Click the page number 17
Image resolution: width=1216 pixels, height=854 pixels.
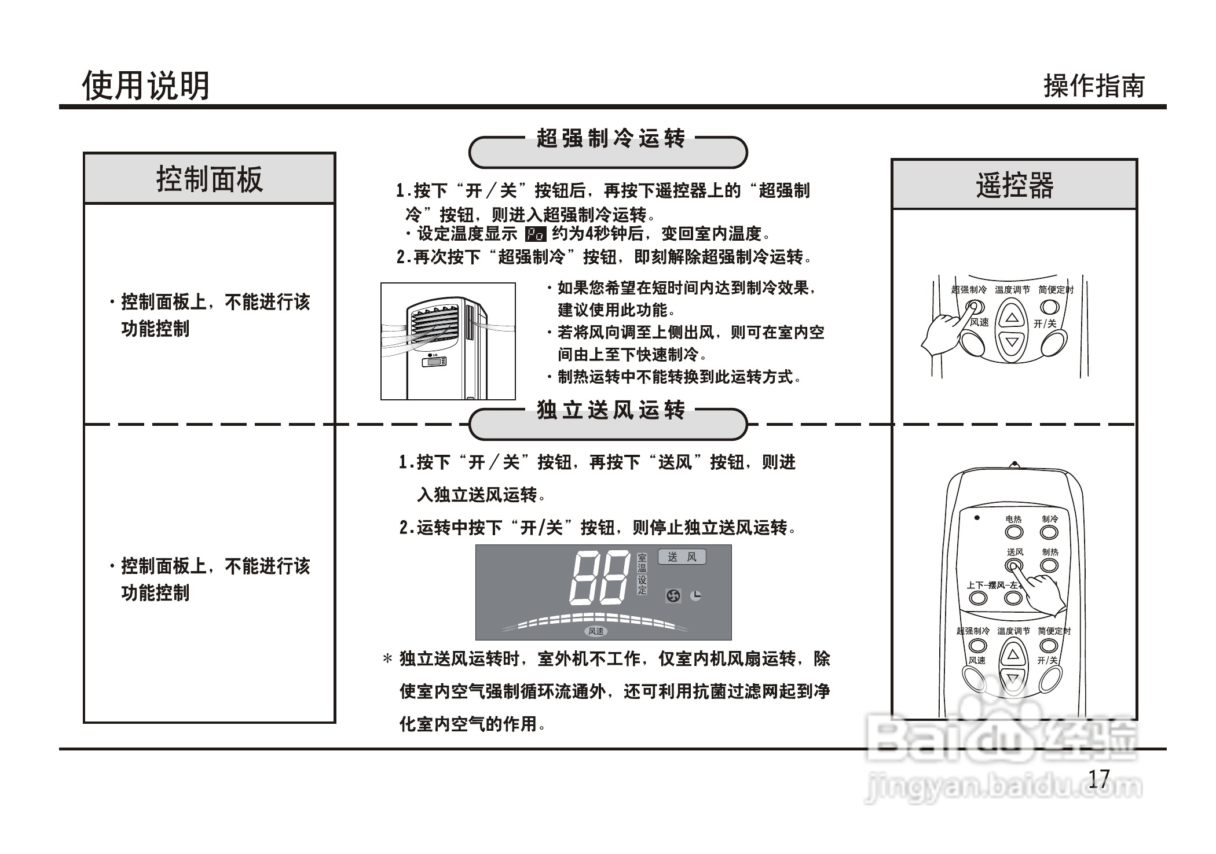1099,779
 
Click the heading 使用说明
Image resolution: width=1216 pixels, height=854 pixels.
145,86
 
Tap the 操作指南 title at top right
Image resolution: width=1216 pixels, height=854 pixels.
1094,86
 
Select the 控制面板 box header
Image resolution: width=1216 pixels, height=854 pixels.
210,179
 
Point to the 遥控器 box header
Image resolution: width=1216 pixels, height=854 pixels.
1014,185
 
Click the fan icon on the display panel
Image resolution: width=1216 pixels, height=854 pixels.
673,595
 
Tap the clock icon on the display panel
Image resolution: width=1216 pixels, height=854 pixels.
696,595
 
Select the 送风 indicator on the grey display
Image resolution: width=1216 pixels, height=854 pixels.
682,557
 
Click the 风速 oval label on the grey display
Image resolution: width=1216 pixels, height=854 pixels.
596,631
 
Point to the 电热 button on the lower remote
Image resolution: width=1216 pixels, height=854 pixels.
1013,532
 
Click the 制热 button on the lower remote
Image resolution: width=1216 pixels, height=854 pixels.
1050,565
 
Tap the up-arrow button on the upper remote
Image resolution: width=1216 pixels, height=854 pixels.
1012,318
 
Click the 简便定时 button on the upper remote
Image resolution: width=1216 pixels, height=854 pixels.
1050,307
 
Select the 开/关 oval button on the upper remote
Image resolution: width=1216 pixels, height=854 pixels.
1054,345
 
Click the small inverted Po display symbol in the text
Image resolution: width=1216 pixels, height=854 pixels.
535,234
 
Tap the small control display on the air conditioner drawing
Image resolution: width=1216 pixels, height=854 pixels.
434,362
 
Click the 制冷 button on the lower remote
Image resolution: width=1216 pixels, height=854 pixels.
1050,532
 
